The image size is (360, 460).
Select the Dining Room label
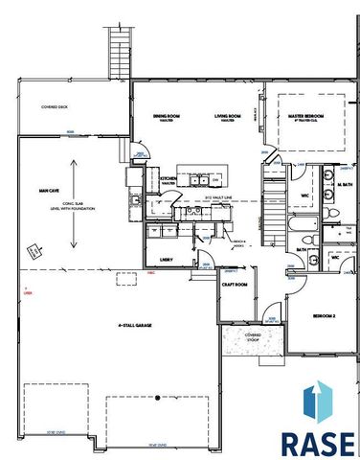(169, 117)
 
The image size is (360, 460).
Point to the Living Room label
(228, 117)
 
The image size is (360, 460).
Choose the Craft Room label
(236, 285)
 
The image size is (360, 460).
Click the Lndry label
(165, 259)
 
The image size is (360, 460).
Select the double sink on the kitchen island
(201, 179)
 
